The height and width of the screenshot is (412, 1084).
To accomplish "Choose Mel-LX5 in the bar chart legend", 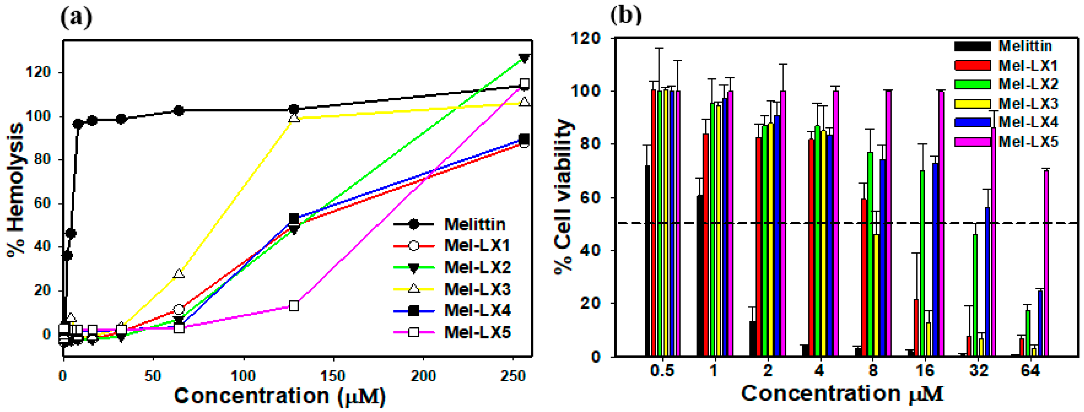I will (x=1028, y=142).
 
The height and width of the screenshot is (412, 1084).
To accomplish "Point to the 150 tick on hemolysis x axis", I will (x=333, y=375).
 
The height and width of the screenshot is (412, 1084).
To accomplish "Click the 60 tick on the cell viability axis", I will (x=591, y=198).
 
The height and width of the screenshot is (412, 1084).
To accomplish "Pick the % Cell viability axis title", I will (x=563, y=198).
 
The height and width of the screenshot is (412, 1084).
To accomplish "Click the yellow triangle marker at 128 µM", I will (x=294, y=118).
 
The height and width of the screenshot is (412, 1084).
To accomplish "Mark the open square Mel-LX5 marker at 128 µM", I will (x=294, y=306).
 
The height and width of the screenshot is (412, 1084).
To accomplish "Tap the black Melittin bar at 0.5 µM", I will (x=648, y=261).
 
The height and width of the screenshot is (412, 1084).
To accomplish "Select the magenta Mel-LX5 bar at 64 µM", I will (x=1046, y=263).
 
